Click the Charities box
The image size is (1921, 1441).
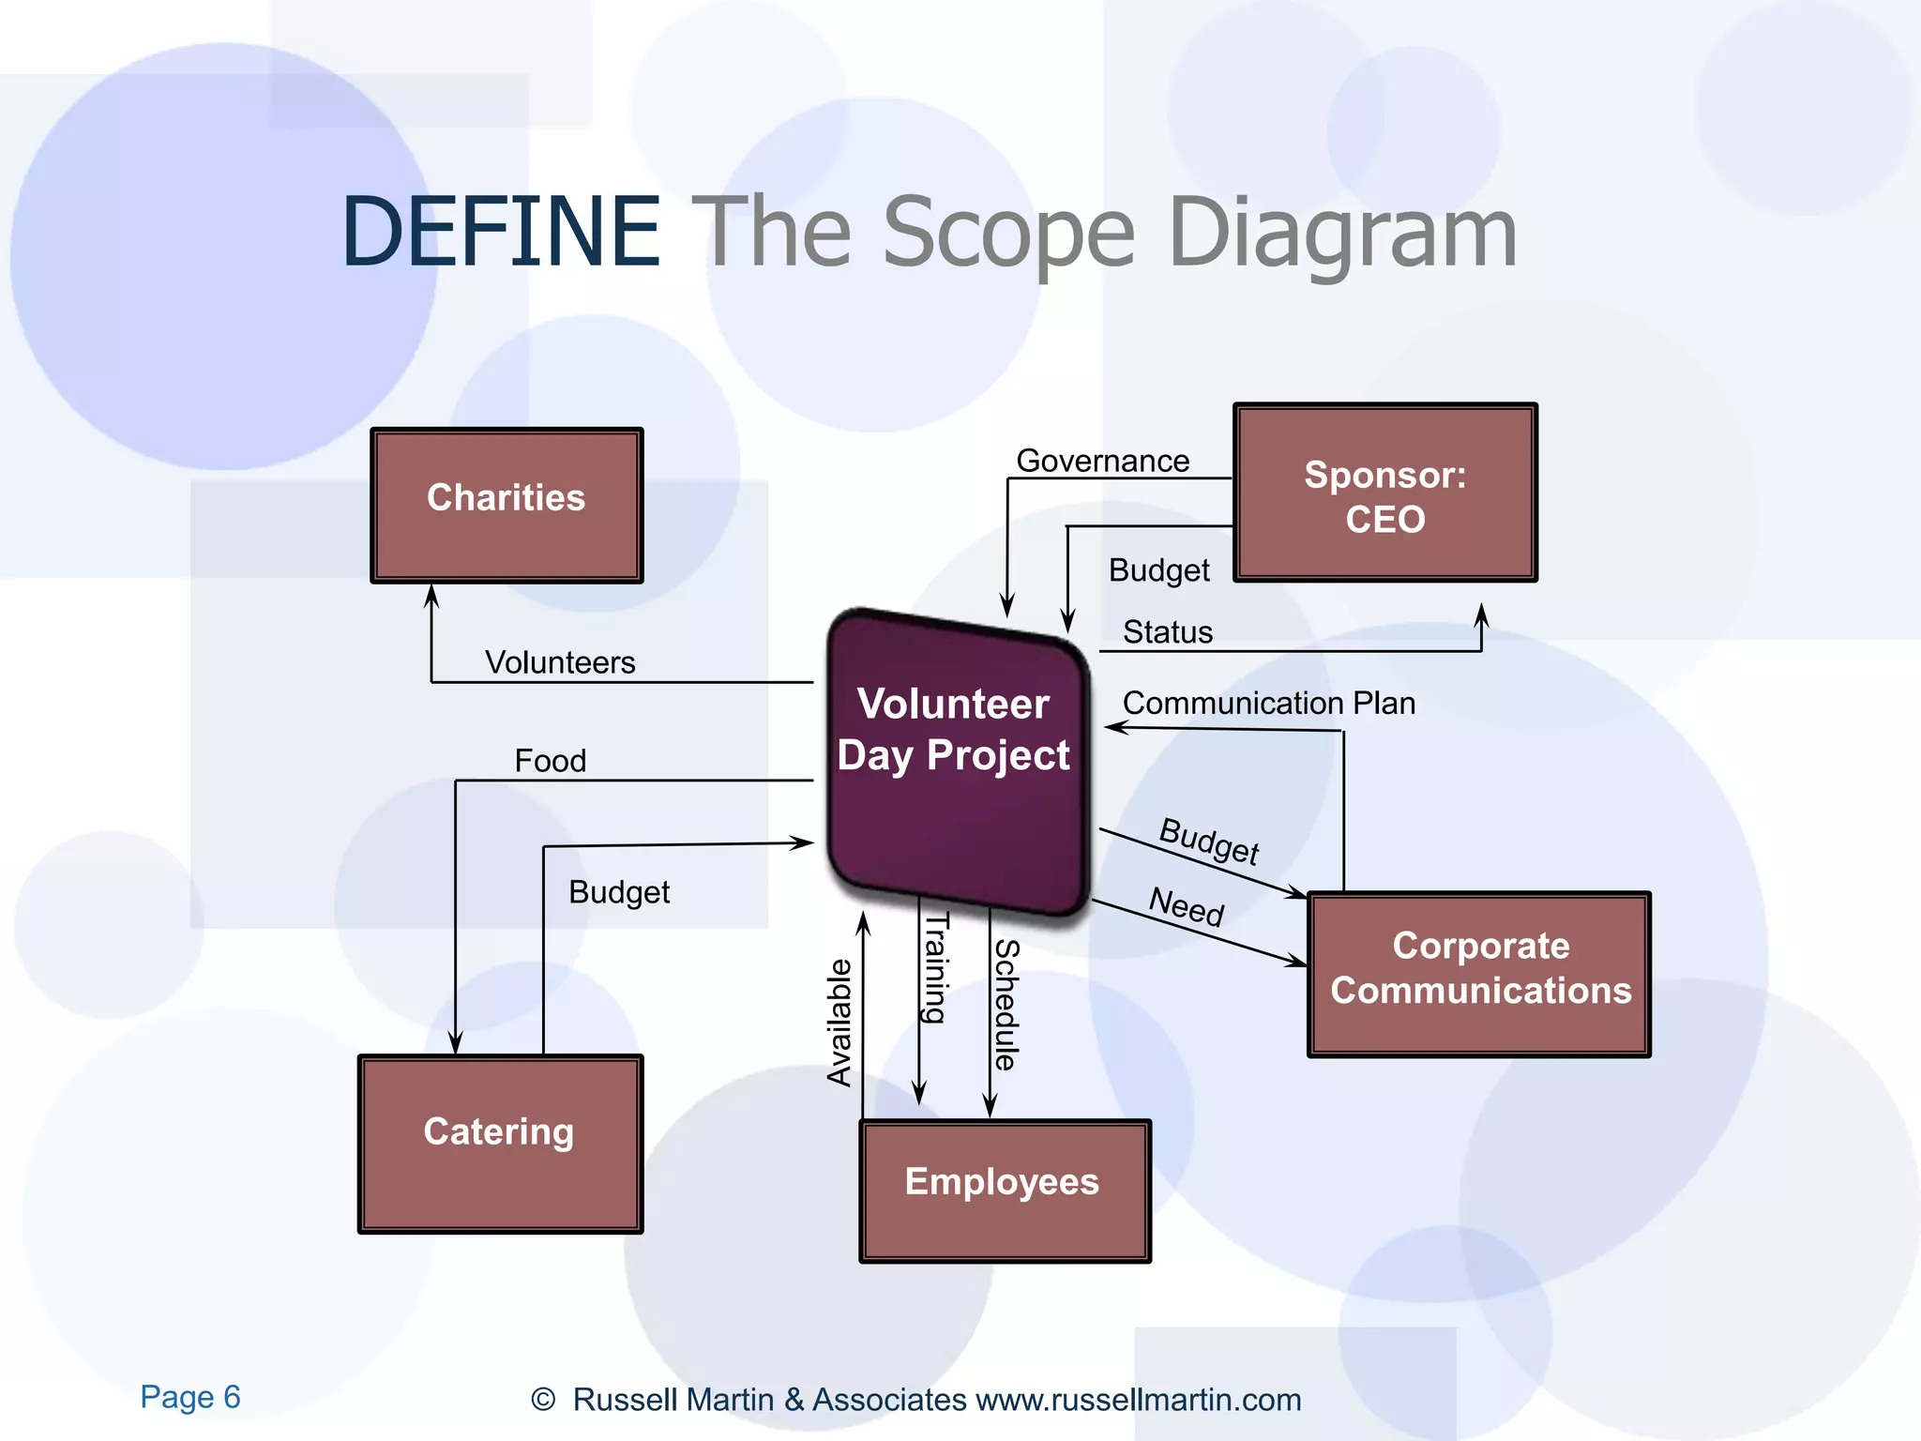(507, 505)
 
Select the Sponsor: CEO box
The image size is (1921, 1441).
(1384, 493)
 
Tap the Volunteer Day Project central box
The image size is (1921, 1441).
(955, 760)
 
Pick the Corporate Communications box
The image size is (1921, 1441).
(1479, 974)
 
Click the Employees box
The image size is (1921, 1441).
(1004, 1190)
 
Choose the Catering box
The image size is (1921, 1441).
(500, 1143)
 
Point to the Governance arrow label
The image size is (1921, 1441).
(1102, 461)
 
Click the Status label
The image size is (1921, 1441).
(1167, 631)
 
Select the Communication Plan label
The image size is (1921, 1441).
(1268, 703)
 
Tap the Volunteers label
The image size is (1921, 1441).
(560, 662)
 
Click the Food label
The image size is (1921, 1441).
(550, 760)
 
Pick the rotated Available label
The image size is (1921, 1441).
(839, 1023)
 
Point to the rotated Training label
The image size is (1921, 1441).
(935, 966)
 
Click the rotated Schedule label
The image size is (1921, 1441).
(1006, 1004)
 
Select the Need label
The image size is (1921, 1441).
(1187, 906)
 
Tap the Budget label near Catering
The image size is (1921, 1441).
(619, 891)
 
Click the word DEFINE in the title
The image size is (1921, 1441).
(501, 232)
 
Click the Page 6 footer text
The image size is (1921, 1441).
(190, 1397)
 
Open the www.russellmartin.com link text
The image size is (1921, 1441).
(1138, 1400)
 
